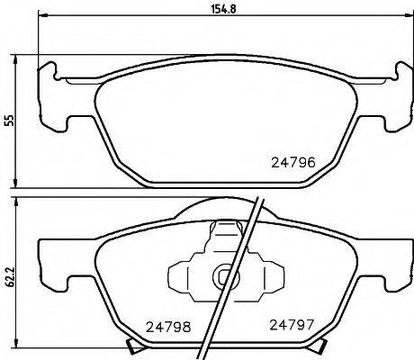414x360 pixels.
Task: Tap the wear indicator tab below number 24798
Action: [137, 349]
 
